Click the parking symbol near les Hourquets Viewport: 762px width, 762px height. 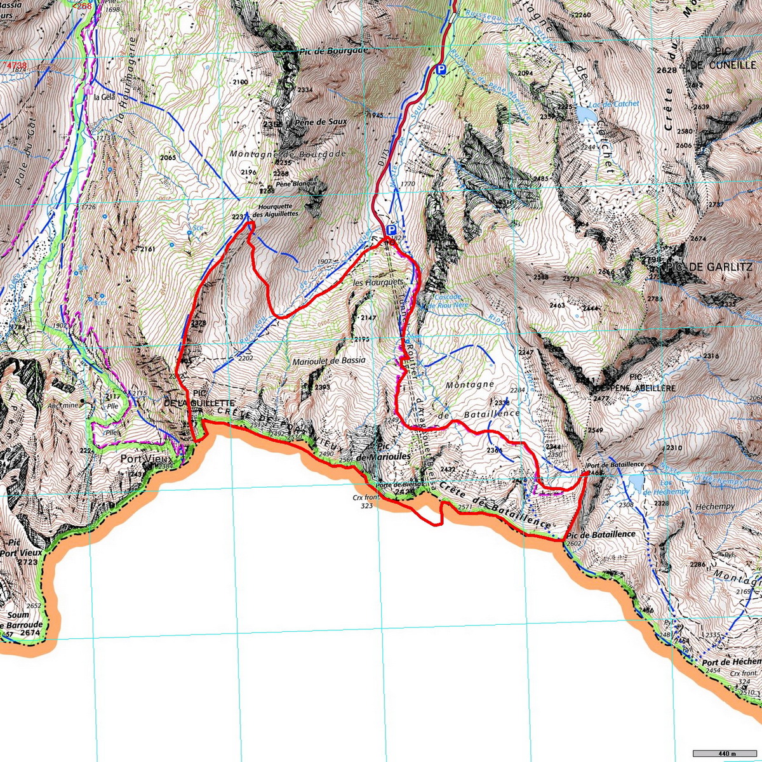pos(391,230)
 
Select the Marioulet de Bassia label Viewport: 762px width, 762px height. pos(328,360)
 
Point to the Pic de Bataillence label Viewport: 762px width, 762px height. pos(600,534)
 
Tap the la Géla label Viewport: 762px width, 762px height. pos(103,98)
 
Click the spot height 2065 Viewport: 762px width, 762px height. pos(168,157)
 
